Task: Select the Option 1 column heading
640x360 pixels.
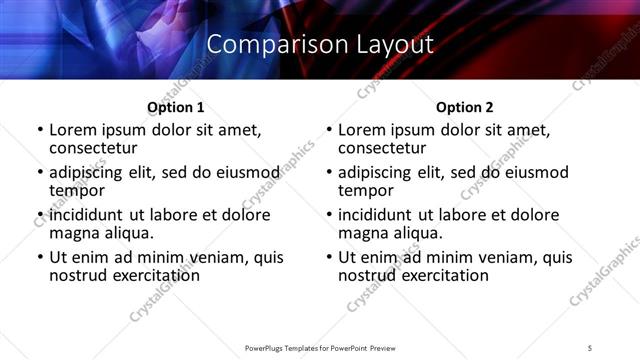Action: tap(175, 107)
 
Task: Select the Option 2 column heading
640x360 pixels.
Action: tap(464, 107)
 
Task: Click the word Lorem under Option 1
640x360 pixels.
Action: tap(73, 130)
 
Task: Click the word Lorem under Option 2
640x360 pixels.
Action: tap(362, 130)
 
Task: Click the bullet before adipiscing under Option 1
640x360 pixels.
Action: tap(40, 173)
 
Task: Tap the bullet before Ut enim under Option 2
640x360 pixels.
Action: tap(329, 257)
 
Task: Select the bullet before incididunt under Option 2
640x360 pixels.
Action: tap(329, 215)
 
